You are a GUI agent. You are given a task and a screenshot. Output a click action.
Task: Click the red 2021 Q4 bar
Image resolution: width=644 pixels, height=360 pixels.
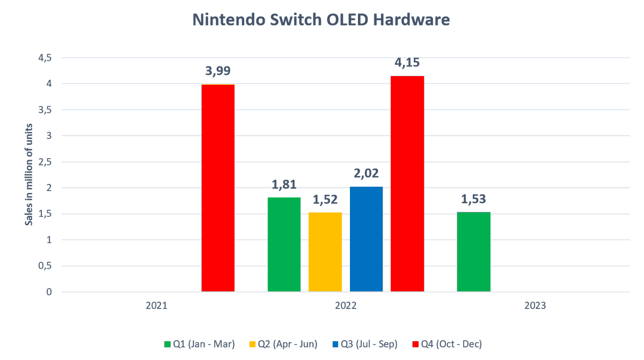218,188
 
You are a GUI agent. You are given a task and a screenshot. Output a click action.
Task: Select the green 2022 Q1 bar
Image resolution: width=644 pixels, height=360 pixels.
284,245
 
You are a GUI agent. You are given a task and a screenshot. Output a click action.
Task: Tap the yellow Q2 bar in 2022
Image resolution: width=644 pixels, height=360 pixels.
325,252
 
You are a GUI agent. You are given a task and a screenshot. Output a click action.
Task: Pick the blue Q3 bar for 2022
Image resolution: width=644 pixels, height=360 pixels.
366,239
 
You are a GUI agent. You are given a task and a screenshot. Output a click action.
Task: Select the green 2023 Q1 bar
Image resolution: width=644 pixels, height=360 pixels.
473,252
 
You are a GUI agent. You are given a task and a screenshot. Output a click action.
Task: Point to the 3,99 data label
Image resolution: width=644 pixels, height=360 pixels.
218,71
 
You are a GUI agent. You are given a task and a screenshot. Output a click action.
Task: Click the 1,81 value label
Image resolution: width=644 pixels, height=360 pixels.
284,185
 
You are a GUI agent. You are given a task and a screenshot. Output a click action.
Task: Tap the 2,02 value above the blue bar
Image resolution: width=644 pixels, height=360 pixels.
366,174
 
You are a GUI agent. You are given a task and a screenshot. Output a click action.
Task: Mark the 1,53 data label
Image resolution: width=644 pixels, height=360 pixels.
473,200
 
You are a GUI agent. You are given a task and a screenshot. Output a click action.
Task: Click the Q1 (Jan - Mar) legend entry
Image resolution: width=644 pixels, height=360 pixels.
199,344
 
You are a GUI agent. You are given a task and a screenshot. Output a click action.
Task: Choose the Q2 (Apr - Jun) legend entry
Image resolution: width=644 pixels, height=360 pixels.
283,344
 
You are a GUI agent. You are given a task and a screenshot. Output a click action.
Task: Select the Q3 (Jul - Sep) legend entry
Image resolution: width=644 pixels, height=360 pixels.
364,344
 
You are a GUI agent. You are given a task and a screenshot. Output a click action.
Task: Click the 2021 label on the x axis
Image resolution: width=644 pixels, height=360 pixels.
156,306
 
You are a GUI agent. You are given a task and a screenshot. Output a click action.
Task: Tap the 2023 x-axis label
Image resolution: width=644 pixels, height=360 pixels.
535,306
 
